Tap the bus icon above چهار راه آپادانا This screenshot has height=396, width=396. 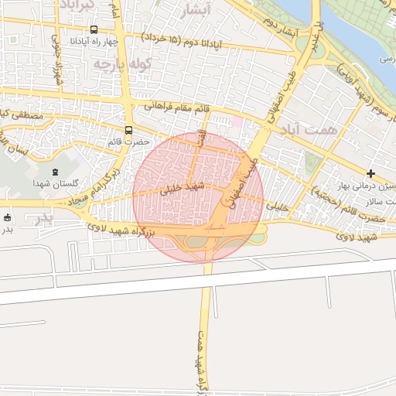(94, 30)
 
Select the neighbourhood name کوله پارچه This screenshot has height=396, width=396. (120, 63)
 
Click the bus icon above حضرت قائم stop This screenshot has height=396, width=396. (128, 129)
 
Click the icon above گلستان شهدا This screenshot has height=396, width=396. (54, 172)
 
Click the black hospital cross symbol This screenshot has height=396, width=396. (372, 172)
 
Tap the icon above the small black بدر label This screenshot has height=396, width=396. (7, 217)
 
